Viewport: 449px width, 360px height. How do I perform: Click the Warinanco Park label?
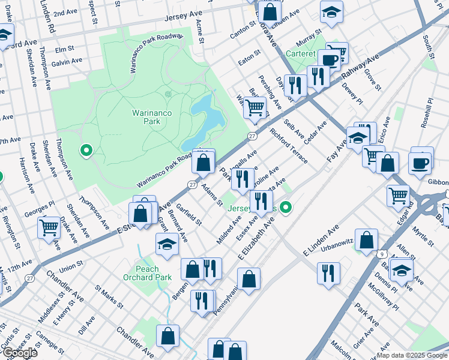146,116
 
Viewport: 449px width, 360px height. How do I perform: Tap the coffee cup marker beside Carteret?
329,60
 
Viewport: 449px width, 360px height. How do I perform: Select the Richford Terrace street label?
289,146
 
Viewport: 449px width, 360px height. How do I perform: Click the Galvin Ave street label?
67,61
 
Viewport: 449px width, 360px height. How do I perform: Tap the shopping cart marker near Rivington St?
49,227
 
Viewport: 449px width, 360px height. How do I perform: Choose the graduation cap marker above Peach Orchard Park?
167,243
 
